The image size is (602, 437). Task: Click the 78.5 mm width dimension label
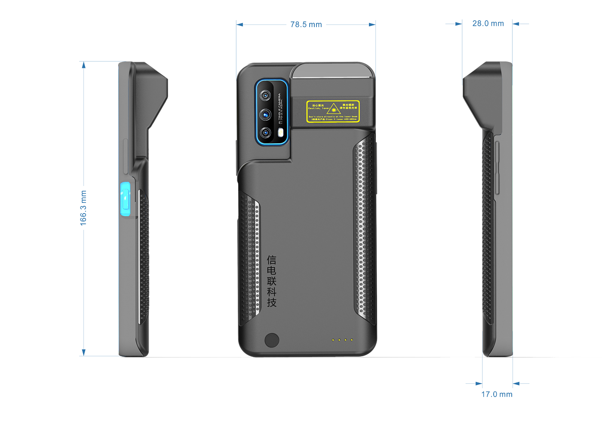[306, 24]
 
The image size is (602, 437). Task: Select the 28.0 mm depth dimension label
[488, 23]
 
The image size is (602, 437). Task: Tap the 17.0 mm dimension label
[497, 394]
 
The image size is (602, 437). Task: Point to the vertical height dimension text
[83, 208]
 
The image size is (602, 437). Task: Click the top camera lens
[266, 95]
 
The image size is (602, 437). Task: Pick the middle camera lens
[266, 114]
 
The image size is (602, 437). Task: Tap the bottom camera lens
[266, 132]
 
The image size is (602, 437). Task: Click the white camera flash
[281, 133]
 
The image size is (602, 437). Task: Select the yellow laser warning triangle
[333, 110]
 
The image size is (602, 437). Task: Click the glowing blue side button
[125, 200]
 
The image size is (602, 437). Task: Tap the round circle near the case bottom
[272, 340]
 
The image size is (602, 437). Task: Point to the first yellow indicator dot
[332, 340]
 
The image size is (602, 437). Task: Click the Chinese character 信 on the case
[272, 260]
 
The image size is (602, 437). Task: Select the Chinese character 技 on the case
[272, 303]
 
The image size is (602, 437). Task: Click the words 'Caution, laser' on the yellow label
[318, 108]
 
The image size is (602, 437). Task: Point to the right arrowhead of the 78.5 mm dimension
[372, 24]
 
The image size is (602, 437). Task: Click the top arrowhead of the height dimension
[84, 64]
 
